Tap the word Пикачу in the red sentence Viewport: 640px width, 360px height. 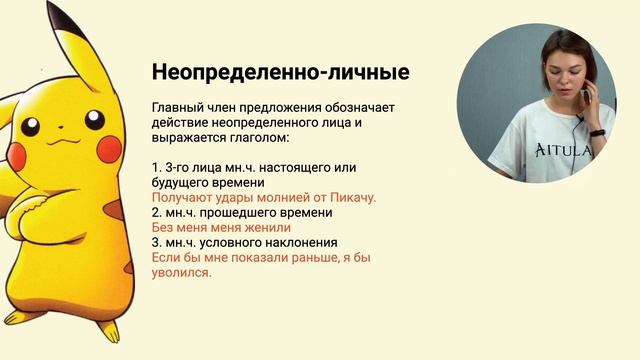tap(352, 198)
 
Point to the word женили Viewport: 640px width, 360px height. tap(261, 227)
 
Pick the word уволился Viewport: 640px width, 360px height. tap(181, 272)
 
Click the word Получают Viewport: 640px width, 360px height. tap(181, 198)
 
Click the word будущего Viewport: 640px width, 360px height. tap(181, 183)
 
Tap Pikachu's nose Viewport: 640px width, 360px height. tap(54, 134)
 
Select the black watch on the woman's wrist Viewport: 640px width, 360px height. tap(597, 132)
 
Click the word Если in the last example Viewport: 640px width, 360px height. tap(165, 257)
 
